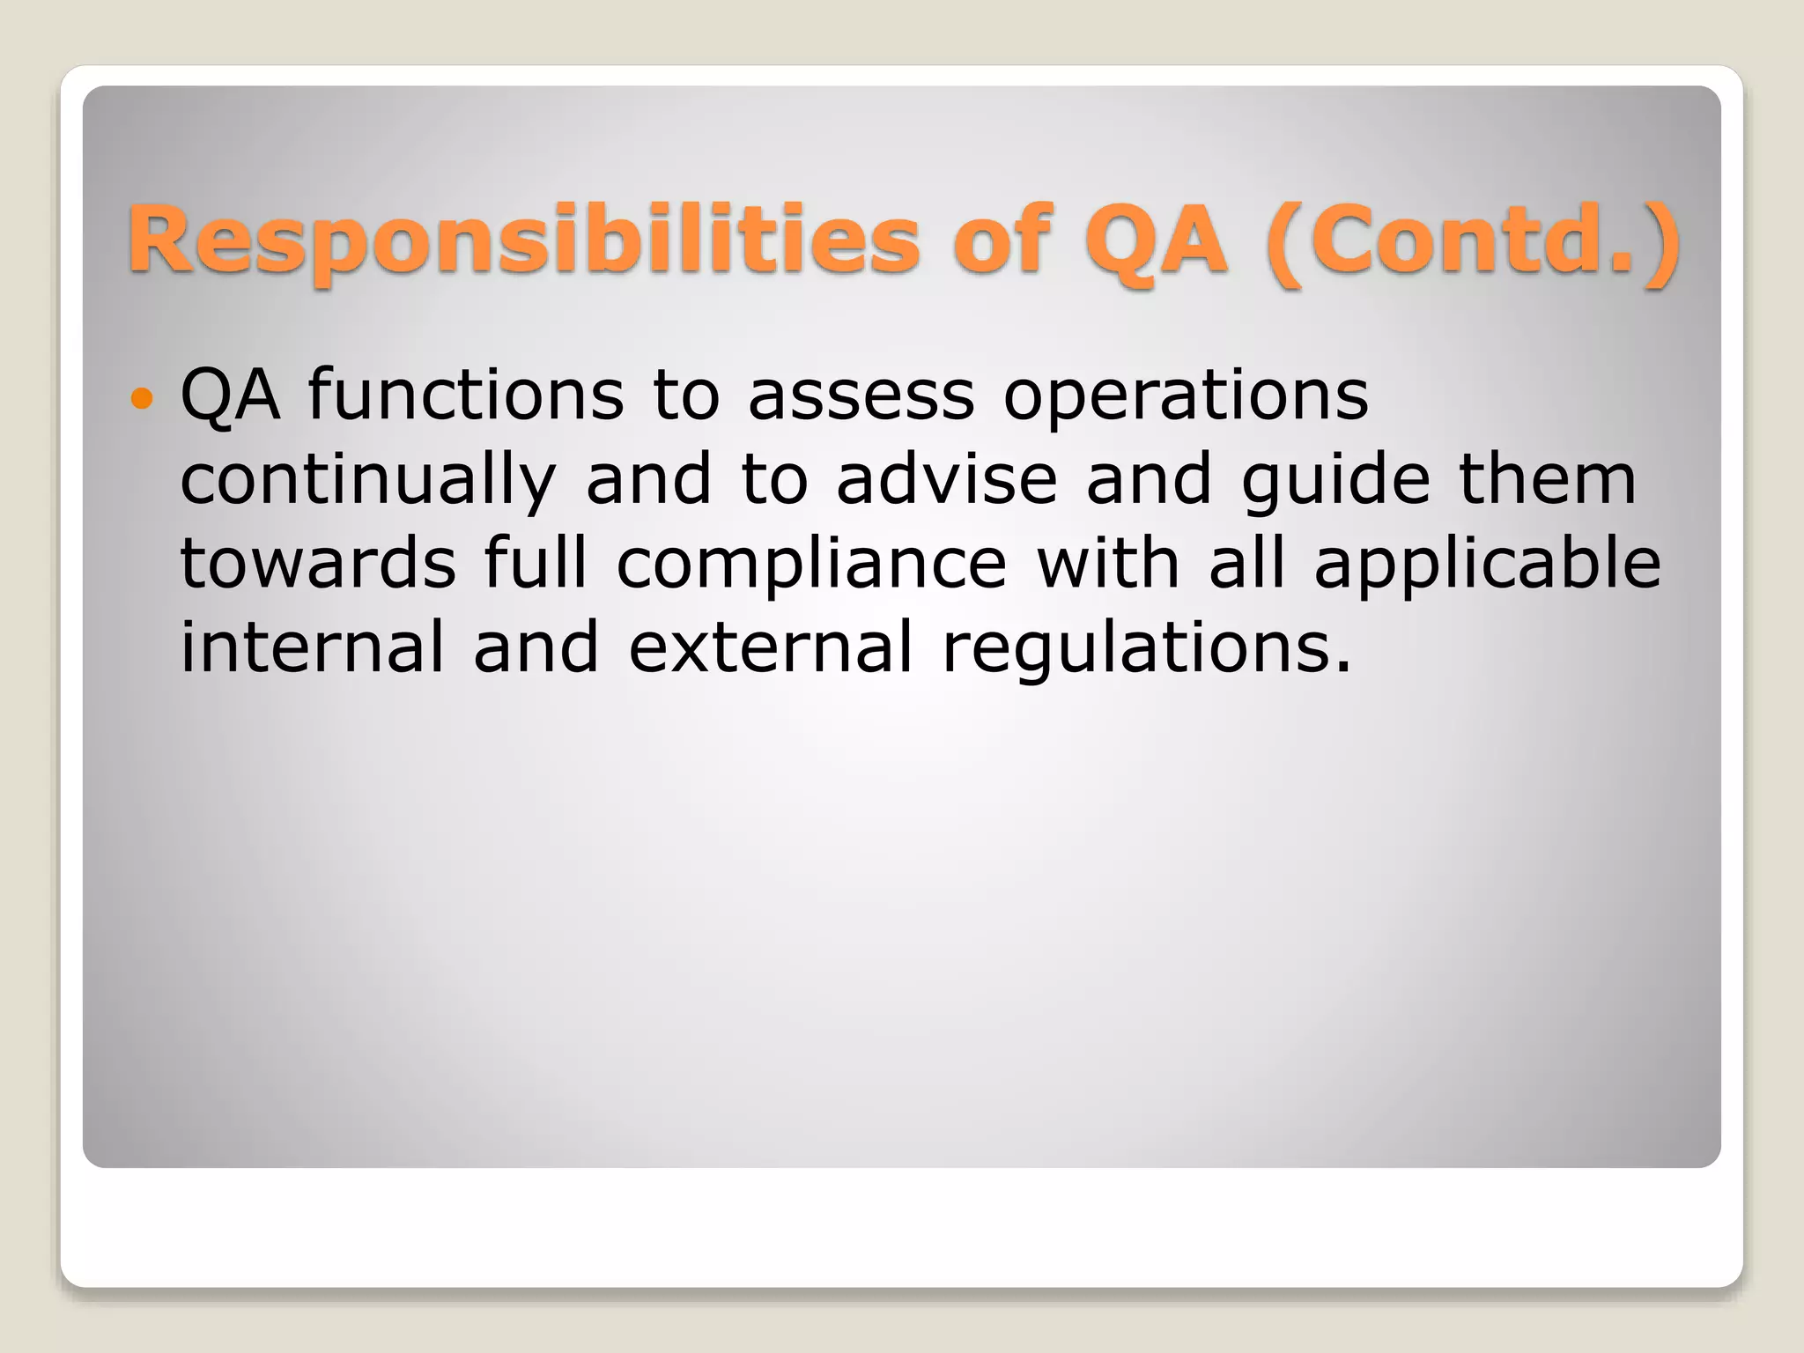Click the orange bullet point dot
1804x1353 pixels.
[x=141, y=399]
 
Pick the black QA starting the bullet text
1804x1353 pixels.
[x=230, y=396]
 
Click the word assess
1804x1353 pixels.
[x=861, y=396]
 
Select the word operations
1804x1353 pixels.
[x=1186, y=397]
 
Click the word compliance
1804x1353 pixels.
[x=811, y=566]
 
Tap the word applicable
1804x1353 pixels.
[x=1487, y=566]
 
